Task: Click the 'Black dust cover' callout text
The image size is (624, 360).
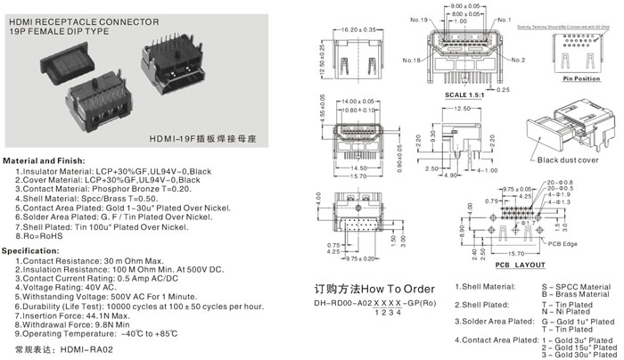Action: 573,160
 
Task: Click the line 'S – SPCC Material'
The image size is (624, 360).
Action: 575,286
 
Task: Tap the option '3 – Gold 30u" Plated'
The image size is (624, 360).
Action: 580,353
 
